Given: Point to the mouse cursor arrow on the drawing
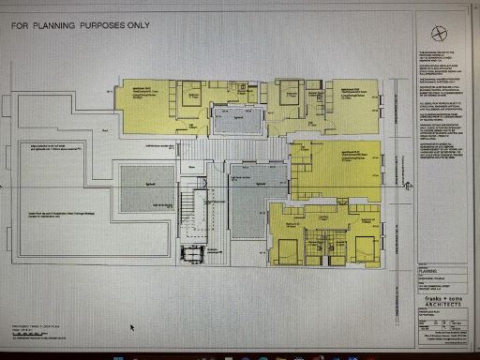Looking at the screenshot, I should click(x=132, y=327).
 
